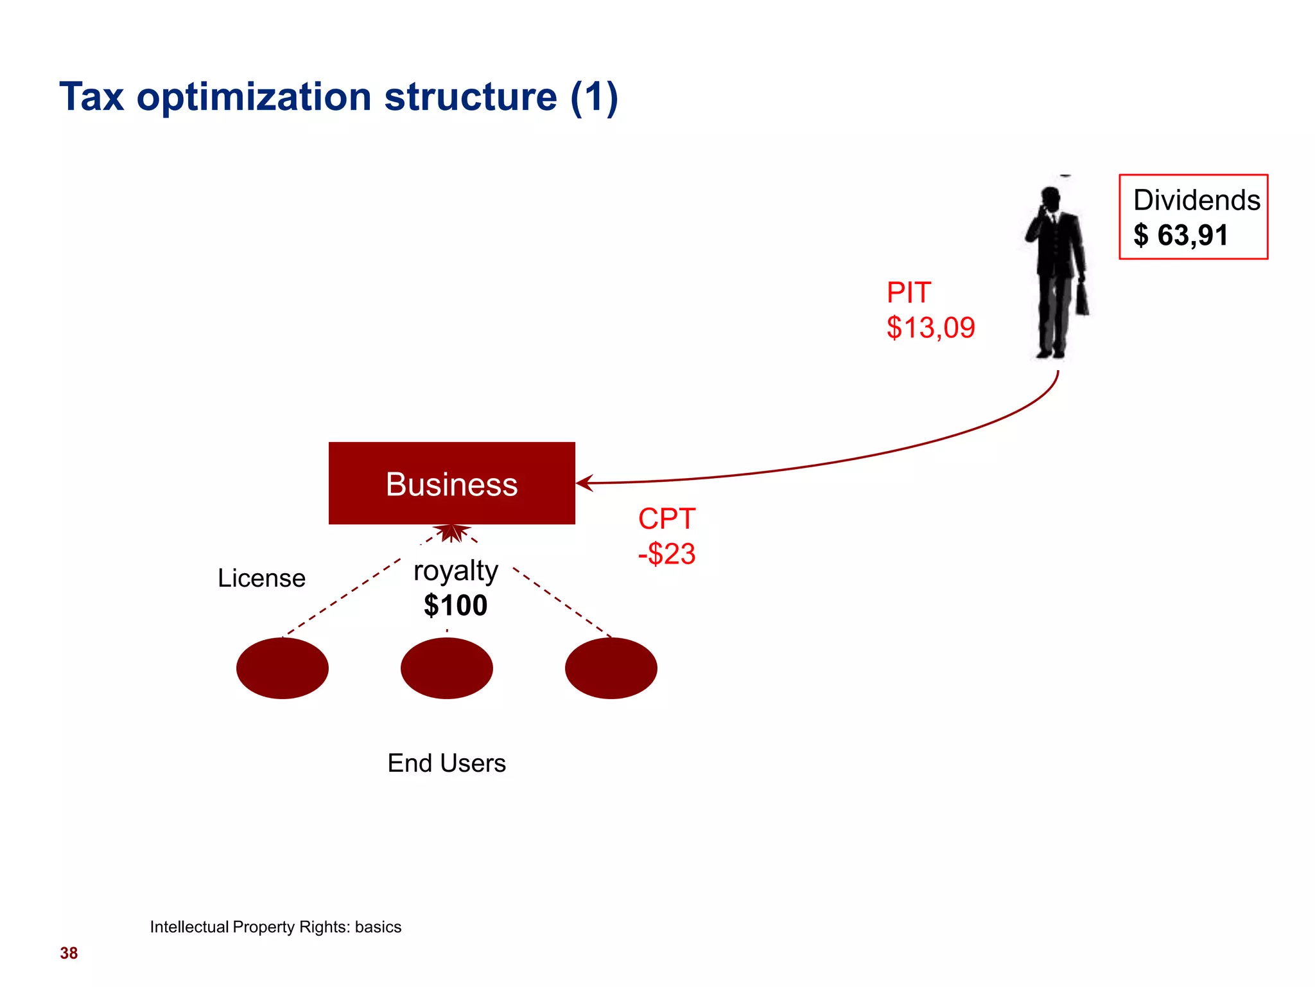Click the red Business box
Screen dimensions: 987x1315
click(x=451, y=483)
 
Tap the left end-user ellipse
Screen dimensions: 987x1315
click(x=283, y=668)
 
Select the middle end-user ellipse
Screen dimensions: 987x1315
click(x=447, y=668)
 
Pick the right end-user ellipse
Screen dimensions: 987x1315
click(x=611, y=668)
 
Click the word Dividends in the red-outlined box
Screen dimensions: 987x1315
click(x=1196, y=200)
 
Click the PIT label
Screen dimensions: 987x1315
click(x=908, y=293)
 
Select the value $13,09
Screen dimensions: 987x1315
click(x=930, y=328)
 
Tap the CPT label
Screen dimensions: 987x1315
click(x=666, y=519)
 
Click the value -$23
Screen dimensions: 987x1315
click(x=666, y=554)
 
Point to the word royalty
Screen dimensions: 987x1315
click(x=455, y=571)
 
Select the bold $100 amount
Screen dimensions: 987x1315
click(x=455, y=605)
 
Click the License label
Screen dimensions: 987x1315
click(x=261, y=578)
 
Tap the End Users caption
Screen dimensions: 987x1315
click(x=446, y=763)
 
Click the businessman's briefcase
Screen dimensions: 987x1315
click(x=1082, y=299)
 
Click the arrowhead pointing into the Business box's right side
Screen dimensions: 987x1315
click(x=584, y=483)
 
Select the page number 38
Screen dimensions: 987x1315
click(x=69, y=953)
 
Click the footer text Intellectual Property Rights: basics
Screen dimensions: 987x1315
click(x=275, y=927)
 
